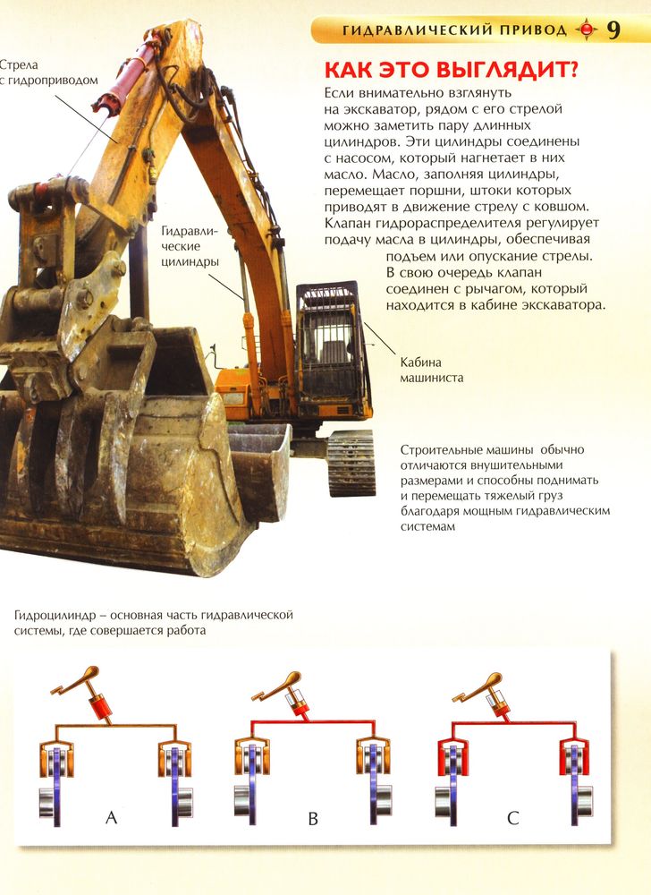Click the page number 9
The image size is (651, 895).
(613, 30)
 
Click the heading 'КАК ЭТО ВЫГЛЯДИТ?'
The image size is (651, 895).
(451, 70)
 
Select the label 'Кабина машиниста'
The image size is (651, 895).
(431, 370)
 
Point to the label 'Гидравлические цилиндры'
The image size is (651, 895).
(190, 247)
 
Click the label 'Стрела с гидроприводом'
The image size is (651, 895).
(48, 72)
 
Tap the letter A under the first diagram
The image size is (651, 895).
(111, 818)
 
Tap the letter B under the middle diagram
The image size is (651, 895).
(312, 819)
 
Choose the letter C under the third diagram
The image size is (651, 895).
(513, 819)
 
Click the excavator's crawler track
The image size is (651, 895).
(351, 463)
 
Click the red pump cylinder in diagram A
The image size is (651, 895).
(99, 706)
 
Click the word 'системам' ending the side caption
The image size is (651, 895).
(427, 527)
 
